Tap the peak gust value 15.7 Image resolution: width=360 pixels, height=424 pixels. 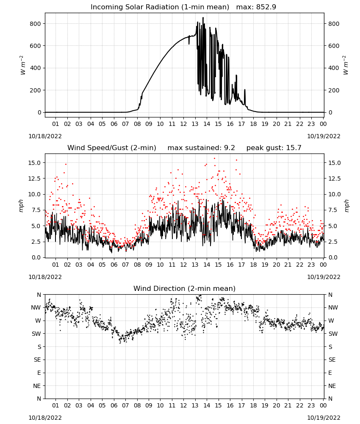click(x=293, y=148)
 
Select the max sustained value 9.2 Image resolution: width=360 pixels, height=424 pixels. click(x=230, y=148)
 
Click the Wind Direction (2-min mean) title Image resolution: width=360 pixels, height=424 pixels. click(x=185, y=288)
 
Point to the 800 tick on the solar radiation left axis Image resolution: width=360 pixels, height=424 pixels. click(x=36, y=24)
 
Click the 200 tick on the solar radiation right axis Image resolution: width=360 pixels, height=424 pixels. click(x=334, y=90)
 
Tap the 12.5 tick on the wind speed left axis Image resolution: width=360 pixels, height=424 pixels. click(x=34, y=179)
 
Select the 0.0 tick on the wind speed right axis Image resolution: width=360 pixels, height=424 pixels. click(x=333, y=257)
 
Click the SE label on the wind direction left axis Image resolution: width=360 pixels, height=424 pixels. click(x=37, y=360)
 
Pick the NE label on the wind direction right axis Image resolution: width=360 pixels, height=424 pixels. click(x=332, y=386)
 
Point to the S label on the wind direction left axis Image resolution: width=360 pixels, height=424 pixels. click(x=39, y=347)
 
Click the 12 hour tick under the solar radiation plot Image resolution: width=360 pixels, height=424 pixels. click(x=183, y=124)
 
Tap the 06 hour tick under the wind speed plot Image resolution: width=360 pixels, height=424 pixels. click(x=114, y=265)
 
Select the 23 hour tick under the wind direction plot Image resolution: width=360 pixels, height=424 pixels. click(x=311, y=405)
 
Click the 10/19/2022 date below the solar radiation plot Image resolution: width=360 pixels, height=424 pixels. click(x=324, y=136)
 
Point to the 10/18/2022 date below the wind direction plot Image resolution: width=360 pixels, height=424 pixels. click(x=45, y=418)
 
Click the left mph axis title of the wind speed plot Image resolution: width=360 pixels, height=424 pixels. click(x=21, y=206)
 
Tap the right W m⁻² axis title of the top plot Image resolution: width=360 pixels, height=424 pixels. click(x=346, y=65)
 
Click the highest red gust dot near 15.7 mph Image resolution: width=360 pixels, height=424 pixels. click(x=215, y=159)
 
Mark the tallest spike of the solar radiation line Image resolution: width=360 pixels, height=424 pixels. click(x=203, y=18)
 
